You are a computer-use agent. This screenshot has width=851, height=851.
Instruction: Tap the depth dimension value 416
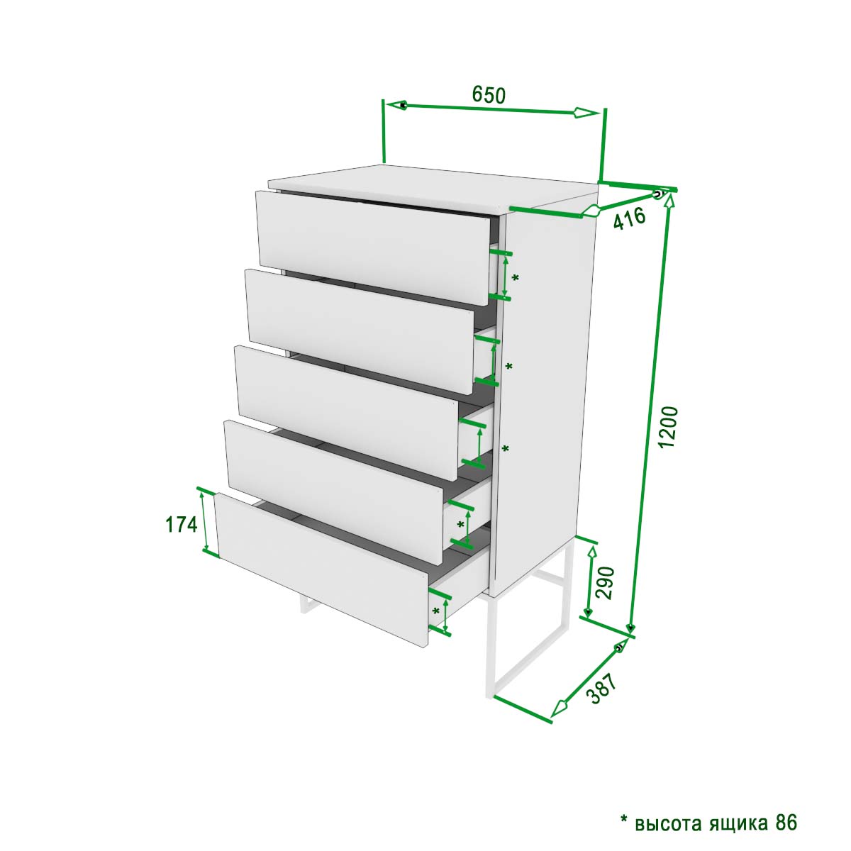(x=630, y=218)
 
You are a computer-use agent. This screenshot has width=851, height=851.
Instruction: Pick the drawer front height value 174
(x=181, y=525)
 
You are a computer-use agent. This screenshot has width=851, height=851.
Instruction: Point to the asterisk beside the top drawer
(x=515, y=278)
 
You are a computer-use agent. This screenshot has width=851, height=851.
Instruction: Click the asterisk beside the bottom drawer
(x=436, y=611)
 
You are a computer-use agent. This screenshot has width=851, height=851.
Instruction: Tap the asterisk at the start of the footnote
(x=624, y=807)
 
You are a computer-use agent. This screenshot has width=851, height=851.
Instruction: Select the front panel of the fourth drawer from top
(x=334, y=489)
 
